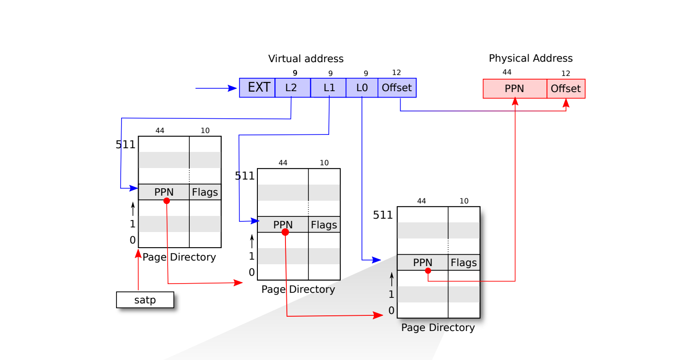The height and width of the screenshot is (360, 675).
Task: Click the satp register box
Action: click(145, 300)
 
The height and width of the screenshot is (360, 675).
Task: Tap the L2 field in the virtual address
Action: click(292, 87)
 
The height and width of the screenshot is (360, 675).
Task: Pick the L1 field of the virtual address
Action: click(328, 87)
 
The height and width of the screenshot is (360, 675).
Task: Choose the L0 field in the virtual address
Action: click(362, 87)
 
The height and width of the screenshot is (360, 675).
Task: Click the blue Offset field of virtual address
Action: click(397, 87)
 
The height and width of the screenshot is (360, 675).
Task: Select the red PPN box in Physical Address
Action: click(514, 88)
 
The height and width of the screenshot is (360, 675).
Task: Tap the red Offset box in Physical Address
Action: click(566, 88)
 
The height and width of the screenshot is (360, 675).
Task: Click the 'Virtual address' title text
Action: click(306, 59)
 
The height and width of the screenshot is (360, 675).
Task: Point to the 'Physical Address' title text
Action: click(530, 58)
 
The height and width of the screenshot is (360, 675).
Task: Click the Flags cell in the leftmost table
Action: click(205, 192)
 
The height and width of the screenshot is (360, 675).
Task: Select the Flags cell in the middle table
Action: click(324, 225)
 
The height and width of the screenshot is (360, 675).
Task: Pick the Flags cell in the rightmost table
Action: click(464, 262)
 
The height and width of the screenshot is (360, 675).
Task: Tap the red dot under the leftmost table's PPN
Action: click(167, 201)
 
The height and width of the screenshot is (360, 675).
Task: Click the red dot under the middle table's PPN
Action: click(285, 232)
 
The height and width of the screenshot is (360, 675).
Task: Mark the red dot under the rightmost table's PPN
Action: click(428, 271)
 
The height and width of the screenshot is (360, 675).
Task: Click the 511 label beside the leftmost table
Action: click(125, 145)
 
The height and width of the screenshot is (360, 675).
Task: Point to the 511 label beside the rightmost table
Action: click(383, 215)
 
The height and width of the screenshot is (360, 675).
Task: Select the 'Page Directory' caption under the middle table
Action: click(298, 289)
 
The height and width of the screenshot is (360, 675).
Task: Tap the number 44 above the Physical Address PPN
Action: click(507, 72)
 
